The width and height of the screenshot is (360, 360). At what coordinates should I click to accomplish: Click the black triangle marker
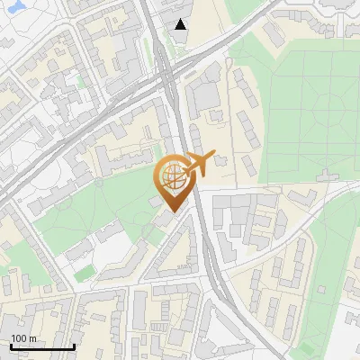[x=181, y=24]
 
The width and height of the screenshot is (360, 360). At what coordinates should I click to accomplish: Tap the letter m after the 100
[x=33, y=338]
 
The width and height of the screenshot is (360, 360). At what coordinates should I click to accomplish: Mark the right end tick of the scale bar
[x=74, y=346]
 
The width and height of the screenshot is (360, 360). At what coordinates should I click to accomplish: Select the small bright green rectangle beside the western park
[x=85, y=272]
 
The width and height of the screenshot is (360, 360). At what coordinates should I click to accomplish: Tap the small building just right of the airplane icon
[x=221, y=162]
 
